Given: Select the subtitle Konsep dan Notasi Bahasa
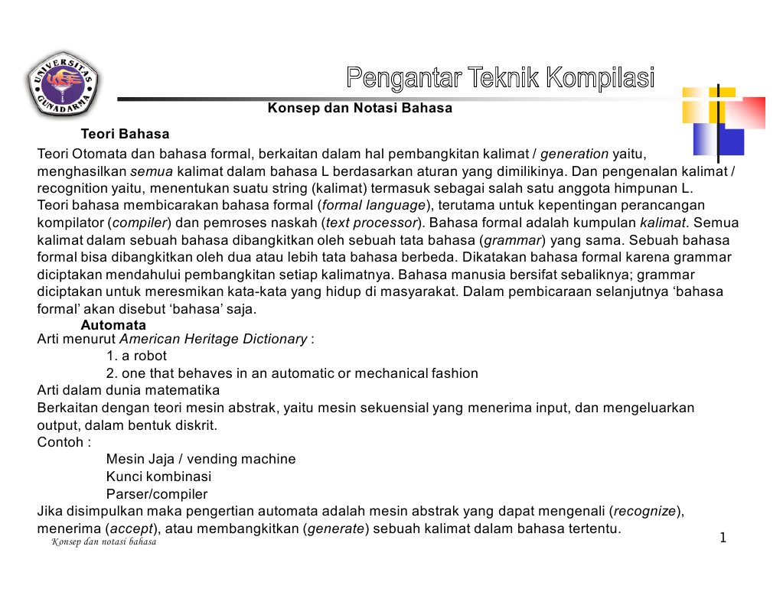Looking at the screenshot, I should (x=360, y=108).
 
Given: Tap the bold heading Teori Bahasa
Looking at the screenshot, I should (x=125, y=135).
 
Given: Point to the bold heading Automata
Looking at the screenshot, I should (x=113, y=326).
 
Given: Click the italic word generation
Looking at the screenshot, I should (x=574, y=153).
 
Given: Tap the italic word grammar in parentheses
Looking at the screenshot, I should (x=511, y=240).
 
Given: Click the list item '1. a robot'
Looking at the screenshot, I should (x=136, y=356).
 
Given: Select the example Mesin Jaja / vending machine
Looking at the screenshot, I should (x=201, y=459).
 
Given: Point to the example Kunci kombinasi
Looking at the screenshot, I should (x=158, y=477).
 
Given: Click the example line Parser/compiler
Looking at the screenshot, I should (x=156, y=494).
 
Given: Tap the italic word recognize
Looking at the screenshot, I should (x=645, y=511).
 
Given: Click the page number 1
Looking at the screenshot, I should (x=722, y=538).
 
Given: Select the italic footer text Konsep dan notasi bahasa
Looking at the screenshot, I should (x=103, y=542).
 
